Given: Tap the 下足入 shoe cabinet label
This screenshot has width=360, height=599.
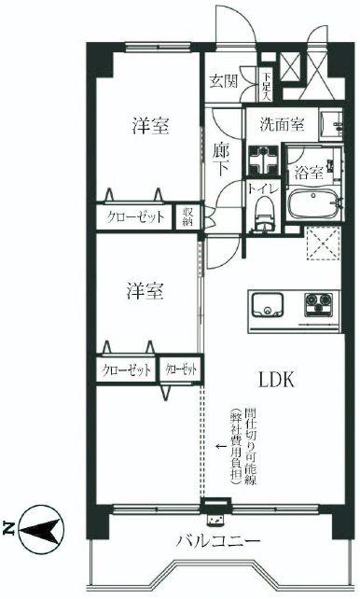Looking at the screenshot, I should pos(267,88).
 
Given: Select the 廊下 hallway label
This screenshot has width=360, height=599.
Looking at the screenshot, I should pos(222,159).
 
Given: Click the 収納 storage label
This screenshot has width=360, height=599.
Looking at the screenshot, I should pos(187,218).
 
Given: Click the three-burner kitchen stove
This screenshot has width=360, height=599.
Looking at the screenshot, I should pos(321,304).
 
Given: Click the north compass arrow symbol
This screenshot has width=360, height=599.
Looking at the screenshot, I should pos(36,529).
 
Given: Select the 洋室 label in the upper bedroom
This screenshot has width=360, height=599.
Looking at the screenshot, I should pos(149,127).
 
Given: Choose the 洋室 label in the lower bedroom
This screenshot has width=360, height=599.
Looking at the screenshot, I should pos(145,290).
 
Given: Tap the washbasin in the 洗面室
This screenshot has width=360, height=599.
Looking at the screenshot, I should pos(331,123).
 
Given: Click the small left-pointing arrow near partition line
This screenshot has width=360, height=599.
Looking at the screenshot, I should pos(220,445).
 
